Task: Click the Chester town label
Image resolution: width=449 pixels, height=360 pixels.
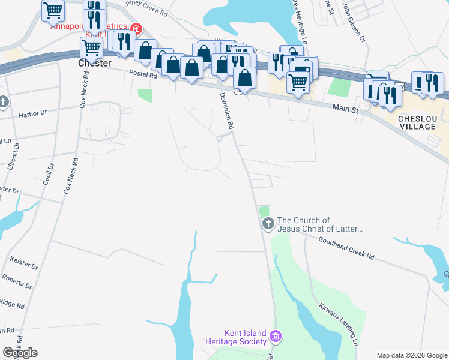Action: tap(95, 62)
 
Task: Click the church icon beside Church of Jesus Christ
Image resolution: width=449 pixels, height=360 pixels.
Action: tap(268, 224)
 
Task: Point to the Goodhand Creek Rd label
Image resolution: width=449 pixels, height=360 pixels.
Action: tap(347, 247)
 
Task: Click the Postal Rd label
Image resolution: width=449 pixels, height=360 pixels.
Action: tap(142, 74)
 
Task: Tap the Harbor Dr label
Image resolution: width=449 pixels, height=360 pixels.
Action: tap(32, 113)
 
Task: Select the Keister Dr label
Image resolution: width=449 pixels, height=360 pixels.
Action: tap(24, 262)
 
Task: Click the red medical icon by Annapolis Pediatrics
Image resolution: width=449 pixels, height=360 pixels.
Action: tap(136, 28)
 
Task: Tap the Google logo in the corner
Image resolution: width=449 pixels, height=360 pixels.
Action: tap(20, 353)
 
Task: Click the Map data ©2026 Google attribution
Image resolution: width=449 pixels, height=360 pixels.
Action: tap(412, 355)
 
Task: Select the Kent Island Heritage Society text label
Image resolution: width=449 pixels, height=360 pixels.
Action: tap(236, 337)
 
